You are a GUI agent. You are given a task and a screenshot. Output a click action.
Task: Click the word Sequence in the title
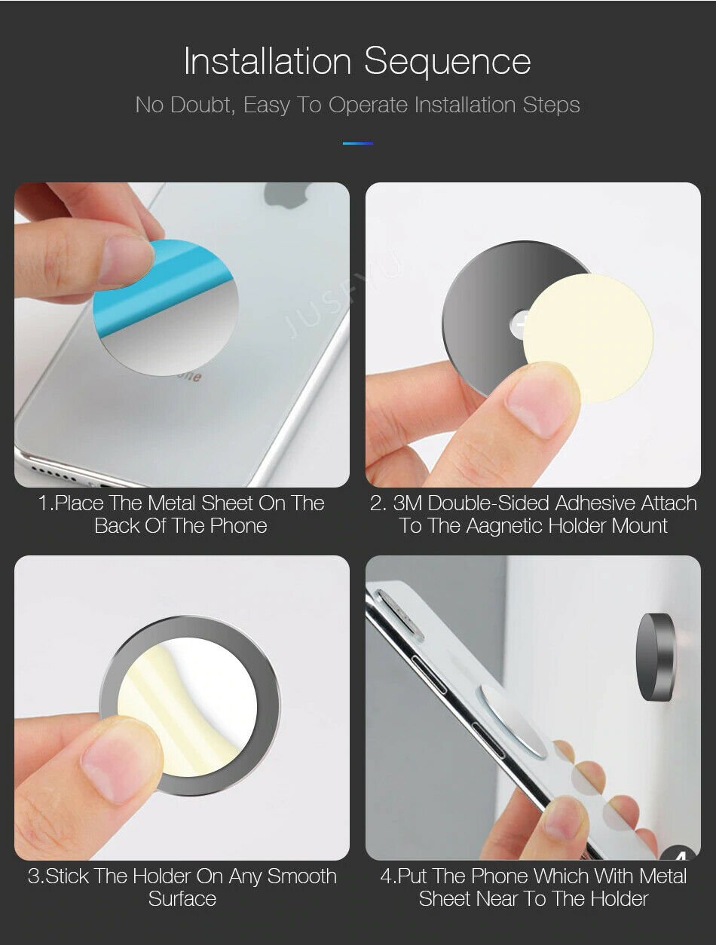click(x=448, y=62)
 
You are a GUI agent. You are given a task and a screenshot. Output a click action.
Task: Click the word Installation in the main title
click(x=268, y=61)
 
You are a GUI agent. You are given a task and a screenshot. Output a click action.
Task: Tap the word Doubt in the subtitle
click(x=202, y=105)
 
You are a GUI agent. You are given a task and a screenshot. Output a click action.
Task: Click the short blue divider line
click(x=358, y=143)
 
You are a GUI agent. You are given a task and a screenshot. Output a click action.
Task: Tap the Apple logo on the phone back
click(x=286, y=195)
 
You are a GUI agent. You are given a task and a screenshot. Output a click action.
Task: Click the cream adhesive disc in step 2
click(x=589, y=338)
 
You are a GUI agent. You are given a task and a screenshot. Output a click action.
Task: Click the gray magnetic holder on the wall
click(x=656, y=657)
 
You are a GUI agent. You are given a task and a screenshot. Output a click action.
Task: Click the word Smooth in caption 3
click(x=301, y=876)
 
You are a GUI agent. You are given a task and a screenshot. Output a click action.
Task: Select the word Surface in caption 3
click(x=182, y=899)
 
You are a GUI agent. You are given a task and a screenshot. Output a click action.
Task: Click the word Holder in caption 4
click(x=619, y=899)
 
